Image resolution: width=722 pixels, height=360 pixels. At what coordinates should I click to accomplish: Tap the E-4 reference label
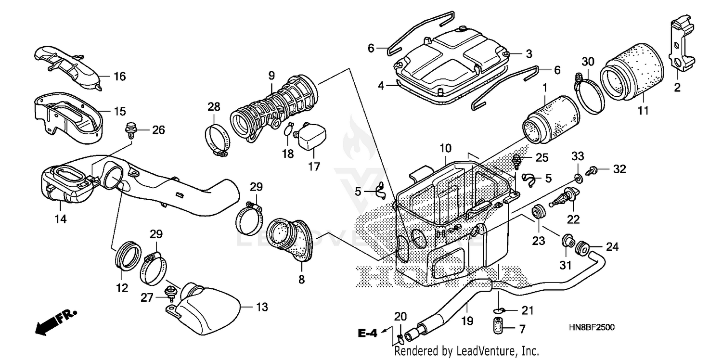(x=367, y=332)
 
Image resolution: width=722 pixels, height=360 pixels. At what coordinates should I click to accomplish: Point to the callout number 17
(x=314, y=167)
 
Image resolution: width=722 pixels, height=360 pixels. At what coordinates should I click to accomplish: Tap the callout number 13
(x=262, y=307)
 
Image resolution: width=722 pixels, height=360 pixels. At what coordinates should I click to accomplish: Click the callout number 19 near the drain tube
(x=467, y=320)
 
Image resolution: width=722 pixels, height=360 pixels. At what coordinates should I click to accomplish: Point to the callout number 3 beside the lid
(x=529, y=53)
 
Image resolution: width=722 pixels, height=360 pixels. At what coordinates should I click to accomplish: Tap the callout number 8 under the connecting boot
(x=301, y=279)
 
